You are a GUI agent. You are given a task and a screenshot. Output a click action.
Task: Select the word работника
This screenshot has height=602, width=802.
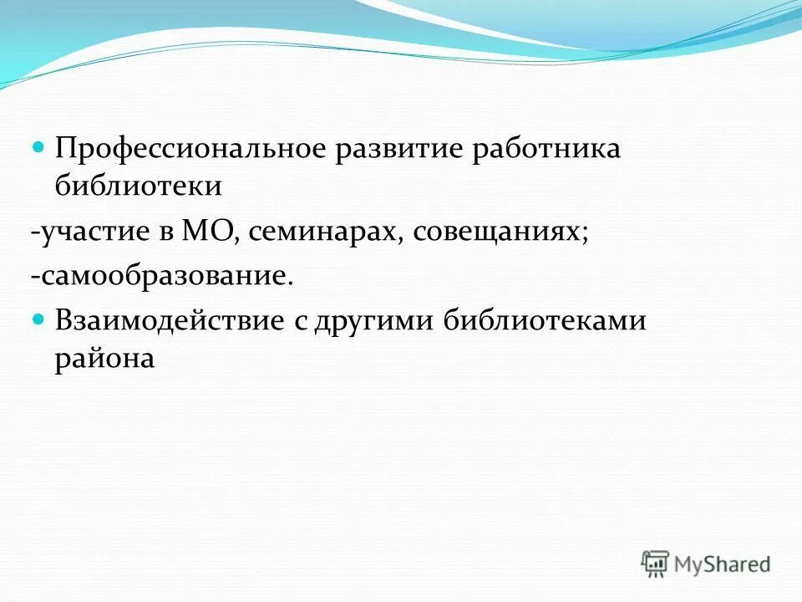[x=547, y=150]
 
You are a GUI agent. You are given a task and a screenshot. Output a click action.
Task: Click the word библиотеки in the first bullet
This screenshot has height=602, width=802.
[x=138, y=186]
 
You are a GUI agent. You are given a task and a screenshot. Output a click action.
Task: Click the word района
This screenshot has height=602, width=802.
[x=104, y=359]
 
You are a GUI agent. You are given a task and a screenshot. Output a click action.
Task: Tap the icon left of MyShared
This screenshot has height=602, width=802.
[x=656, y=564]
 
